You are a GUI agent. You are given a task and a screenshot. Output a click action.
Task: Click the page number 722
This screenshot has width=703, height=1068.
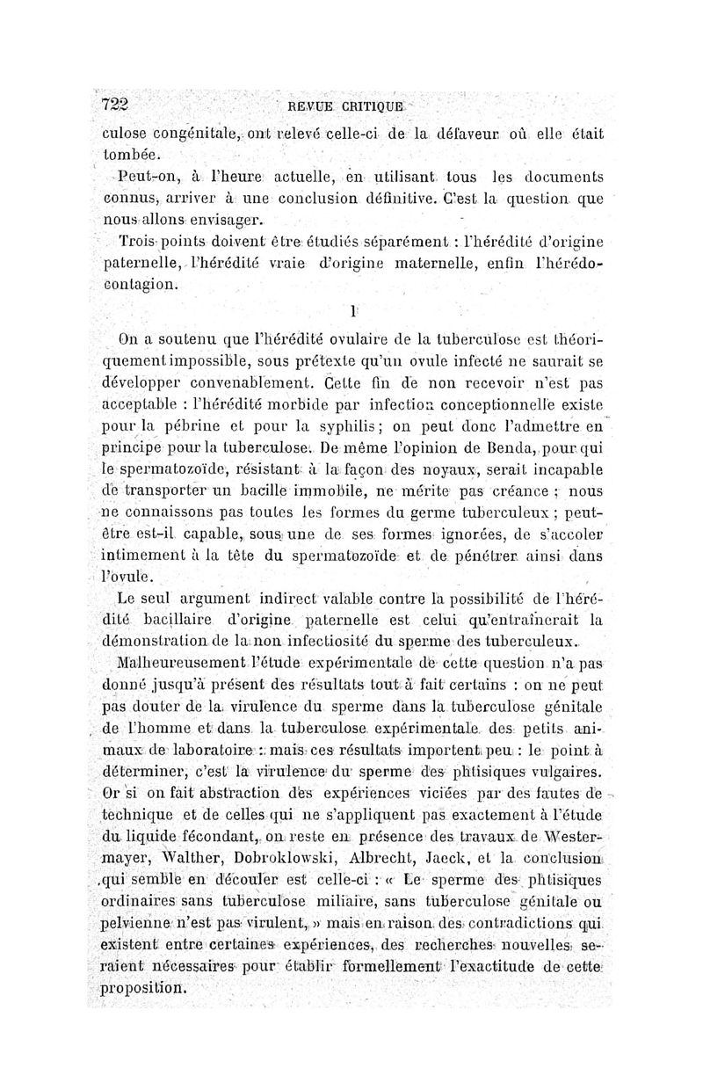pos(115,103)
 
